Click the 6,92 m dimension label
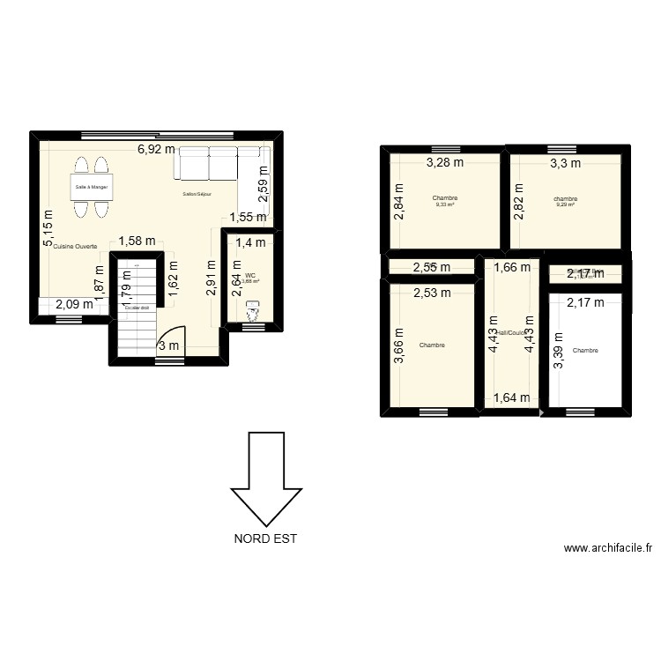(x=156, y=150)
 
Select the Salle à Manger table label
(x=91, y=187)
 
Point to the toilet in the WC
(x=254, y=311)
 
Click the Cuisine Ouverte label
(x=74, y=247)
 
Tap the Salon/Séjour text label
(x=197, y=194)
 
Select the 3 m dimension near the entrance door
(x=168, y=345)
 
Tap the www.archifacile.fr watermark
(x=608, y=548)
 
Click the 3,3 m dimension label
(x=565, y=162)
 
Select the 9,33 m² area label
(x=445, y=204)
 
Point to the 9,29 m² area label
(x=565, y=204)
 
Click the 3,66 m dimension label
(x=399, y=345)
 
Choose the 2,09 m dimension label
(x=73, y=305)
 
